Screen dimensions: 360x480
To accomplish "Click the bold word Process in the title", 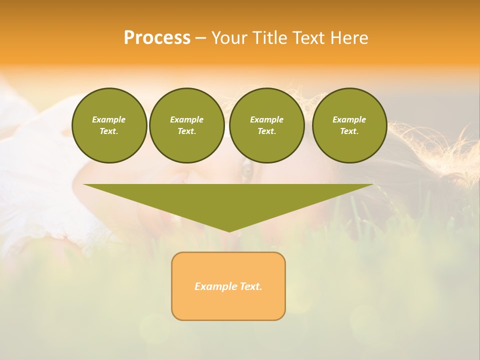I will (157, 38).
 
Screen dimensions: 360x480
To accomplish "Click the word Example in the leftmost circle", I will (109, 119).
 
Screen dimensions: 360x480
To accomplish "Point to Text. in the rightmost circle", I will (349, 131).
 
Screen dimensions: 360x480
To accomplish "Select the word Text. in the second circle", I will (186, 131).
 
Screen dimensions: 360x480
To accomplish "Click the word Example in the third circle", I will (266, 119).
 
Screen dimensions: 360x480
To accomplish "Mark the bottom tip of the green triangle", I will (228, 230).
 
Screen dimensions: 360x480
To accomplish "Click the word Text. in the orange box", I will (250, 286).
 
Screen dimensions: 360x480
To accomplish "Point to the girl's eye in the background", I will (246, 171).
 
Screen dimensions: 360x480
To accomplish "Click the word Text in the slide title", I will (308, 38).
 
